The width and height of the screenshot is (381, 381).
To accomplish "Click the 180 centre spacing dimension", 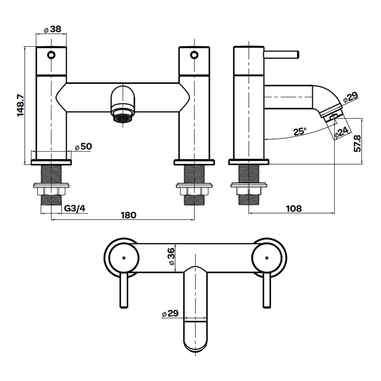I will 128,215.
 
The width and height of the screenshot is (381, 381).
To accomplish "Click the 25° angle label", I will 301,132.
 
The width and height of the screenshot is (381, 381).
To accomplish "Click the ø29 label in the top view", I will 170,314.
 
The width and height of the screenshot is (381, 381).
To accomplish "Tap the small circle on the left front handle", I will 51,55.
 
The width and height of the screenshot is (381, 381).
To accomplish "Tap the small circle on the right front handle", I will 194,55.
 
